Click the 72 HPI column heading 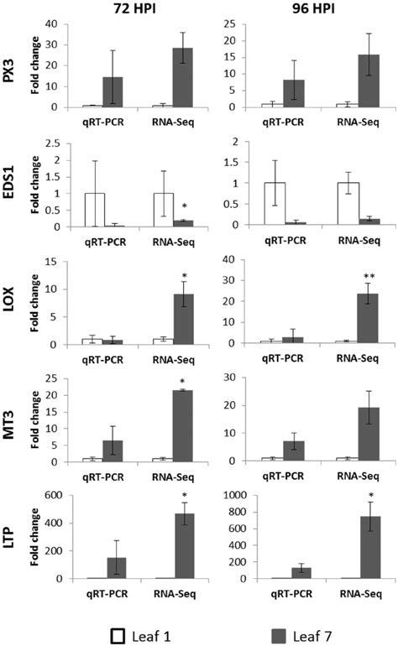click(137, 9)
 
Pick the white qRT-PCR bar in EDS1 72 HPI click(94, 210)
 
